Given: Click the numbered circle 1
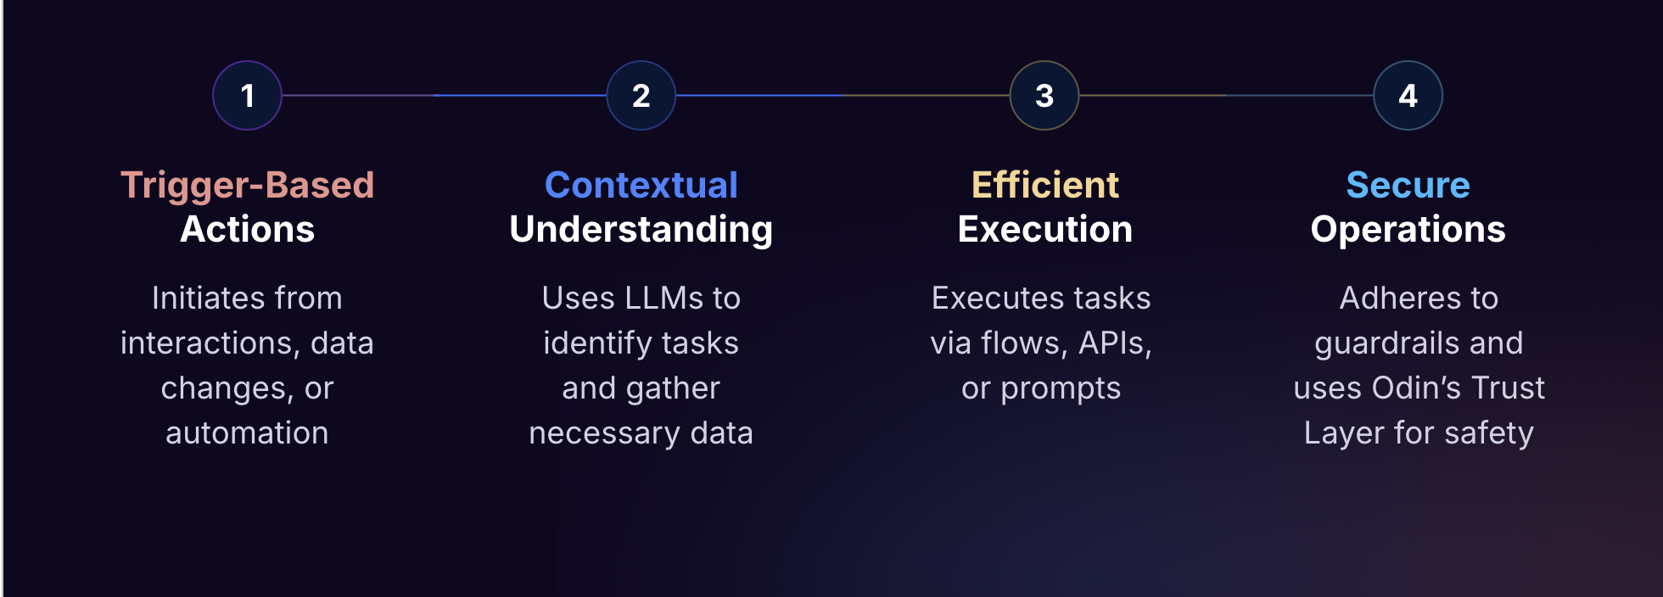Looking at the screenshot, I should coord(247,96).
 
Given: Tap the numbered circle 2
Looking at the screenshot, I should coord(641,96).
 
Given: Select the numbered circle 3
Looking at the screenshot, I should coord(1044,96).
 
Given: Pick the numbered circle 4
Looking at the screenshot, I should coord(1408,96).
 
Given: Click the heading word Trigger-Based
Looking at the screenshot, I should coord(247,185).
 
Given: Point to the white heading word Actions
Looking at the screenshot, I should coord(247,230).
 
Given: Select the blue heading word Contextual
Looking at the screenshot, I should coord(641,185).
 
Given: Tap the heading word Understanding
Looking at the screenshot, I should coord(641,230).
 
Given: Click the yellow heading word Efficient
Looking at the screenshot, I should coord(1044,185).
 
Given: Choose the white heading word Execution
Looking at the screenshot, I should coord(1044,230).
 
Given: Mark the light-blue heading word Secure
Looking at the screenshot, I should coord(1408,185).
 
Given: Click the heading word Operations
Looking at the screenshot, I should coord(1408,230).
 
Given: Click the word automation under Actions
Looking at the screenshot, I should coord(247,433).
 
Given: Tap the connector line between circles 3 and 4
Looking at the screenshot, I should coord(1226,96).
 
